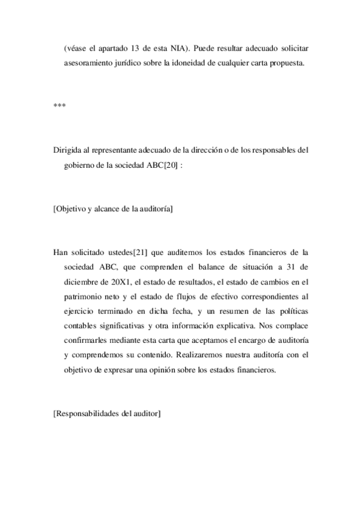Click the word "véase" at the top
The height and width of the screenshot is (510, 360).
pyautogui.click(x=76, y=47)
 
